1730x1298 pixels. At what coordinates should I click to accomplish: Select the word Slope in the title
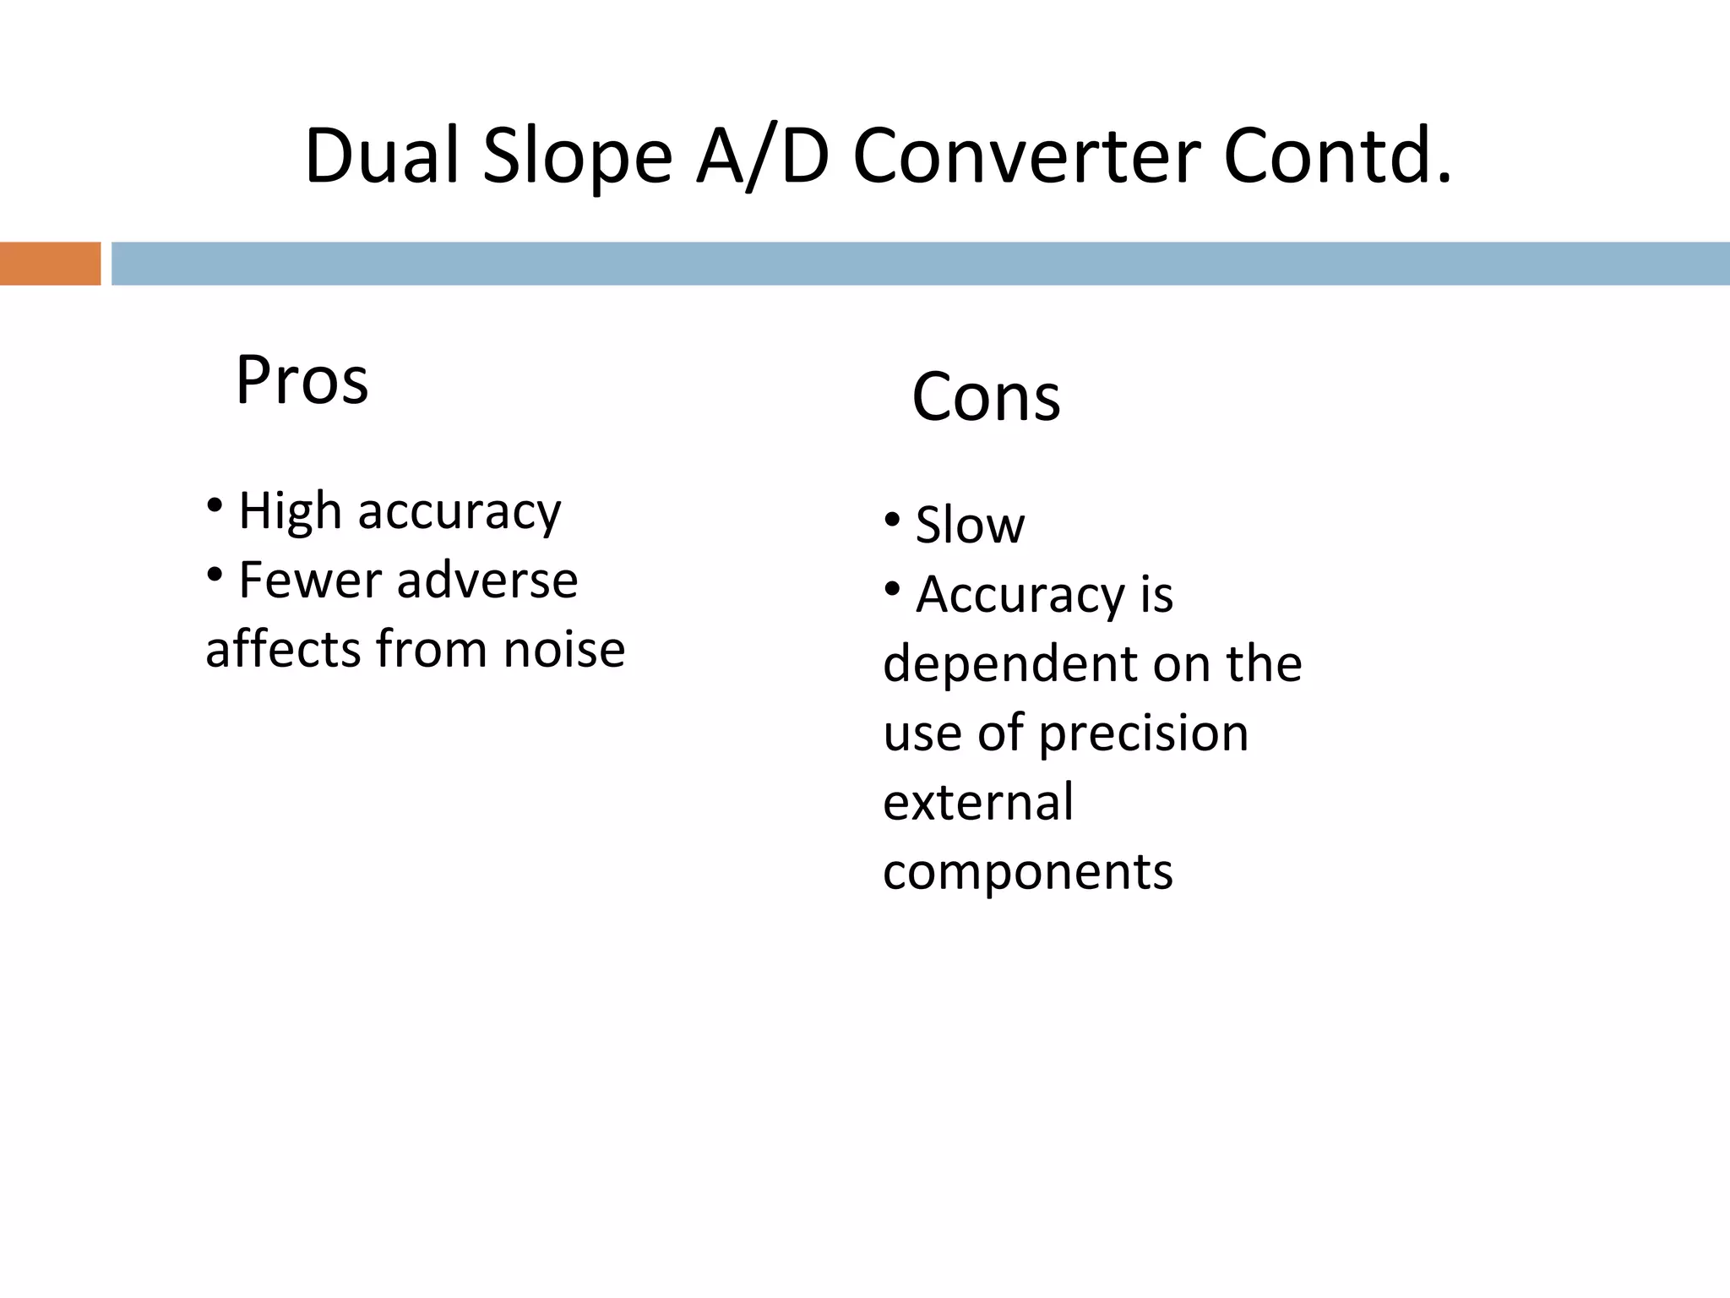[577, 157]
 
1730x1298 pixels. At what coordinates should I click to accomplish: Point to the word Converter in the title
[1026, 157]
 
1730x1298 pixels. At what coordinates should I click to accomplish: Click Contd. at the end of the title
[1338, 155]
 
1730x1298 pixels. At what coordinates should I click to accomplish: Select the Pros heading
[302, 380]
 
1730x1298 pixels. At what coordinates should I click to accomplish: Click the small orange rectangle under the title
[50, 264]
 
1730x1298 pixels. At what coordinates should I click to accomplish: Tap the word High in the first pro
[290, 512]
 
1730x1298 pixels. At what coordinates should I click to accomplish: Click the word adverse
[487, 581]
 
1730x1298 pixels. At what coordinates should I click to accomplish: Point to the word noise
[563, 650]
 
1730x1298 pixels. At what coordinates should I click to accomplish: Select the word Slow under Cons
[970, 525]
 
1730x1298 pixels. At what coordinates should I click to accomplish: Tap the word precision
[1143, 733]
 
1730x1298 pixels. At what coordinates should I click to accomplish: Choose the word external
[978, 802]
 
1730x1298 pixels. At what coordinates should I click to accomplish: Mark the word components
[1028, 872]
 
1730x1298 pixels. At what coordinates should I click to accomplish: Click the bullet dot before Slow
[892, 520]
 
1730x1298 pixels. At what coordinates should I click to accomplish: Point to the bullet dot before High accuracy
[215, 506]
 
